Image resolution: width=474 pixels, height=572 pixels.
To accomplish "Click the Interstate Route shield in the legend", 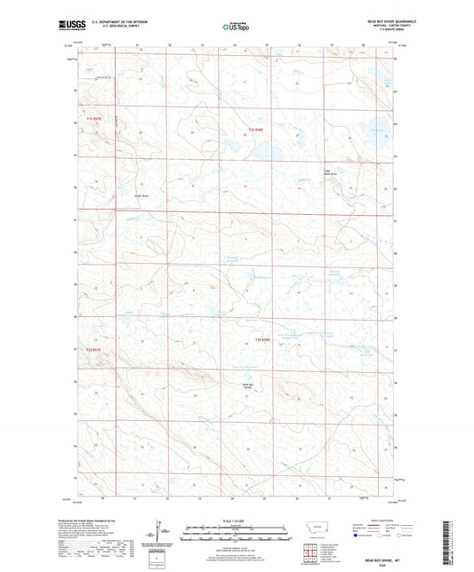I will click(360, 536).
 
